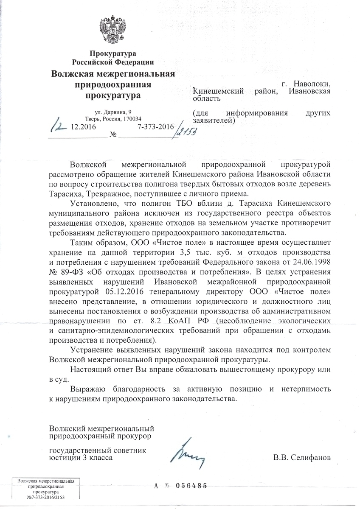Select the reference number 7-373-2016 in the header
coord(156,127)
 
